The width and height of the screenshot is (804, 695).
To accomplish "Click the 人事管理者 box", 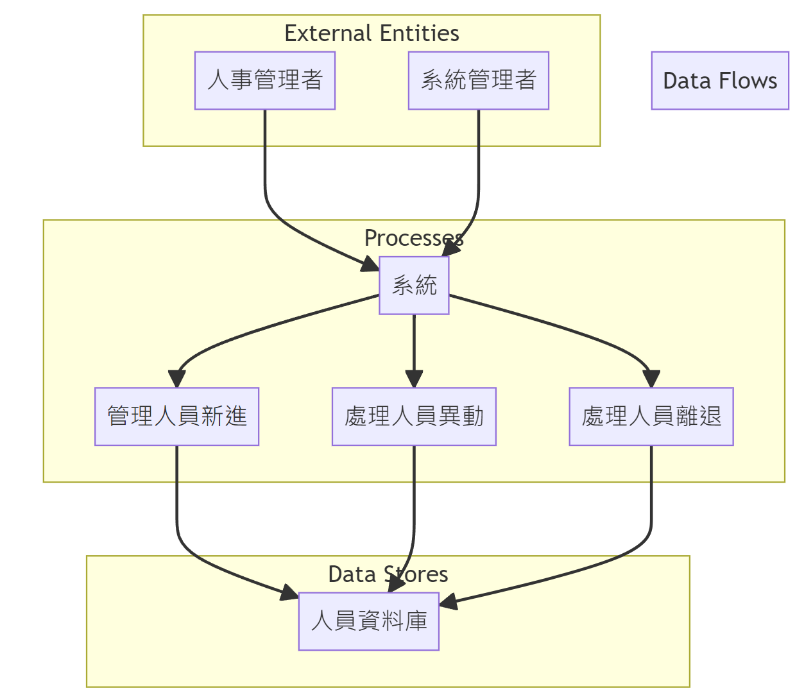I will (x=265, y=80).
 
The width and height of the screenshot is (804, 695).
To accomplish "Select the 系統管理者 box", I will (x=479, y=80).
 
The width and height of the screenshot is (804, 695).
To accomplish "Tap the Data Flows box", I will (x=720, y=81).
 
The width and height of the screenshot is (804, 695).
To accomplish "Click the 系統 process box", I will (x=414, y=286).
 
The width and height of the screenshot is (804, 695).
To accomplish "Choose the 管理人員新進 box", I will (x=176, y=416).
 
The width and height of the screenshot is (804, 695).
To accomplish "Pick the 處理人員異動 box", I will (x=414, y=416).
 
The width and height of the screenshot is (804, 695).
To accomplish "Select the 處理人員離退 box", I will (x=651, y=416).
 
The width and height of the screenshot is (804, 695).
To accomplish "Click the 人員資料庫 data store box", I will (x=369, y=621).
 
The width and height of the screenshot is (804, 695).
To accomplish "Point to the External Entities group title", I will (x=372, y=33).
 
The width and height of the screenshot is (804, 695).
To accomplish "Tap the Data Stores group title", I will (x=388, y=574).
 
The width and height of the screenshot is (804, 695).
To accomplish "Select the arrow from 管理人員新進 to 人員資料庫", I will (x=192, y=552).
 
